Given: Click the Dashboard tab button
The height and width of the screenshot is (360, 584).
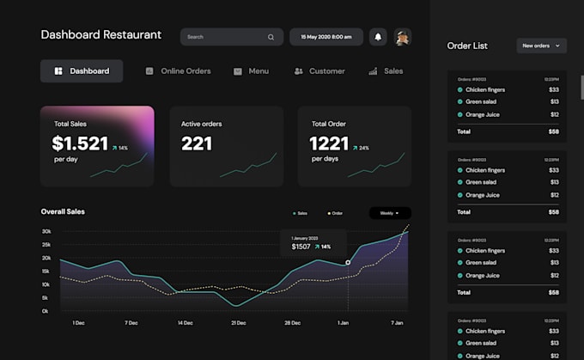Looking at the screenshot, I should [82, 71].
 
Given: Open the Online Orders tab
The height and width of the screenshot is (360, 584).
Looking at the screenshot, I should [178, 71].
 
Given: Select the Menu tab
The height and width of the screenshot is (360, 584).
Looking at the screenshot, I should [251, 71].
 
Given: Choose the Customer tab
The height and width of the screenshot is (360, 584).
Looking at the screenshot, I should [319, 71].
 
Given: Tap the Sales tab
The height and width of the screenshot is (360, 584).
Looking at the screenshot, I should [386, 71].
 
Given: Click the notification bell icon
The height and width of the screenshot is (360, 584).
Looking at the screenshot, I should [378, 37].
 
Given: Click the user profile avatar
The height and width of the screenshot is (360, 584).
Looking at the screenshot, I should [402, 37].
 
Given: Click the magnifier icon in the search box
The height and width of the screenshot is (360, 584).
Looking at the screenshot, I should [271, 37].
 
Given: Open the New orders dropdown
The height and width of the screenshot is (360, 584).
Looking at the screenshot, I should [542, 46].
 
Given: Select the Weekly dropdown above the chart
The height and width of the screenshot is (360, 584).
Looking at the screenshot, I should [390, 213].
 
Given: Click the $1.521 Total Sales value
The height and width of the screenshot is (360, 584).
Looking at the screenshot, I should [80, 143].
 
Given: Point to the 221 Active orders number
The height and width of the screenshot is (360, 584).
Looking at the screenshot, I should [197, 143].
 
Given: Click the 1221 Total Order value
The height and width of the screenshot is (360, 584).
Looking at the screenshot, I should [329, 143].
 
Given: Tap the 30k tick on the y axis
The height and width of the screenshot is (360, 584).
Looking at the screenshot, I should [46, 232].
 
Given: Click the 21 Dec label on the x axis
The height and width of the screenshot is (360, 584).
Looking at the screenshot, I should [239, 323].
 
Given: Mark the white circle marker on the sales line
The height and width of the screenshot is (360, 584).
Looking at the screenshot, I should [348, 262].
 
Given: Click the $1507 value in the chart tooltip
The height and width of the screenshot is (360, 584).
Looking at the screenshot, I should [301, 247].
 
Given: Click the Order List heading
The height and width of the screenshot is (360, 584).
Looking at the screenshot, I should [468, 46].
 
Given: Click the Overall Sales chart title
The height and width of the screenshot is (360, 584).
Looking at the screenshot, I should [63, 211].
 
